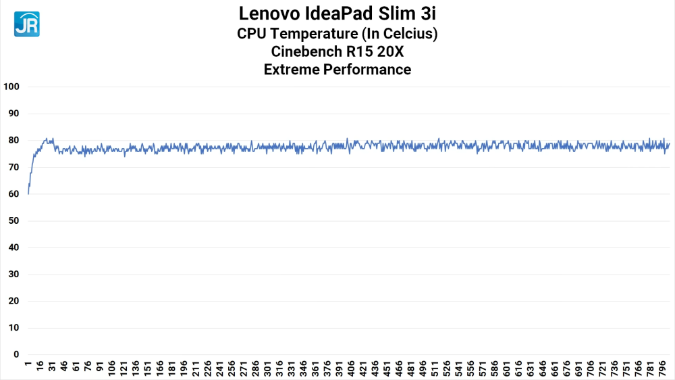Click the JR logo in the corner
(x=26, y=24)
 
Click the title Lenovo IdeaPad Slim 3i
(x=337, y=14)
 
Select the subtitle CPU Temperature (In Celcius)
(x=337, y=33)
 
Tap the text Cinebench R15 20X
(x=337, y=51)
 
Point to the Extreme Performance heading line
(x=337, y=69)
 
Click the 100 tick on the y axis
(x=11, y=87)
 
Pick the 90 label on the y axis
(x=13, y=114)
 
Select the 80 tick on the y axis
(x=13, y=141)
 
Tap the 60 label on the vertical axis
(x=13, y=194)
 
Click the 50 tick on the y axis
(x=13, y=221)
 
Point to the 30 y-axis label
(x=13, y=275)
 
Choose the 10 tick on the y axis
(x=13, y=328)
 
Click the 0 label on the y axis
(x=16, y=354)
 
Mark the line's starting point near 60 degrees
(x=28, y=194)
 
